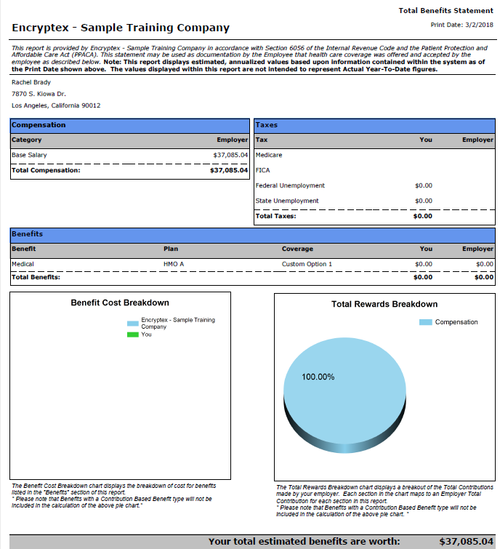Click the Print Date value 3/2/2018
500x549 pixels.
pyautogui.click(x=479, y=25)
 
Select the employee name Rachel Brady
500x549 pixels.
pyautogui.click(x=31, y=82)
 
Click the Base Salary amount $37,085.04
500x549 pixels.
pyautogui.click(x=230, y=155)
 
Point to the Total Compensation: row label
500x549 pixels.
pyautogui.click(x=46, y=170)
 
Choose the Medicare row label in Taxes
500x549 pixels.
pyautogui.click(x=269, y=155)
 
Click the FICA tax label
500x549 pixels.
pyautogui.click(x=262, y=170)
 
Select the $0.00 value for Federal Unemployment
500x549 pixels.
pyautogui.click(x=424, y=185)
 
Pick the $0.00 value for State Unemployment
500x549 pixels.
pyautogui.click(x=424, y=201)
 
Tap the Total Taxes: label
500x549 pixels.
pyautogui.click(x=275, y=216)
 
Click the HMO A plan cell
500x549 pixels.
pyautogui.click(x=174, y=264)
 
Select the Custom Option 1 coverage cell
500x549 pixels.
pyautogui.click(x=307, y=264)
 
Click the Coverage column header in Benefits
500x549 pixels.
pyautogui.click(x=297, y=249)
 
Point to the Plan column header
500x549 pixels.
pyautogui.click(x=171, y=249)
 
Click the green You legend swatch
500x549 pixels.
pyautogui.click(x=133, y=334)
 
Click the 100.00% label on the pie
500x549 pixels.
pyautogui.click(x=318, y=377)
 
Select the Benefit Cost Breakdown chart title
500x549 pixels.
pyautogui.click(x=120, y=303)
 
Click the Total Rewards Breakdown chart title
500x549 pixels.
pyautogui.click(x=384, y=304)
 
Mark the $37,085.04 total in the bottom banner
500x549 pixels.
pyautogui.click(x=467, y=542)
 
